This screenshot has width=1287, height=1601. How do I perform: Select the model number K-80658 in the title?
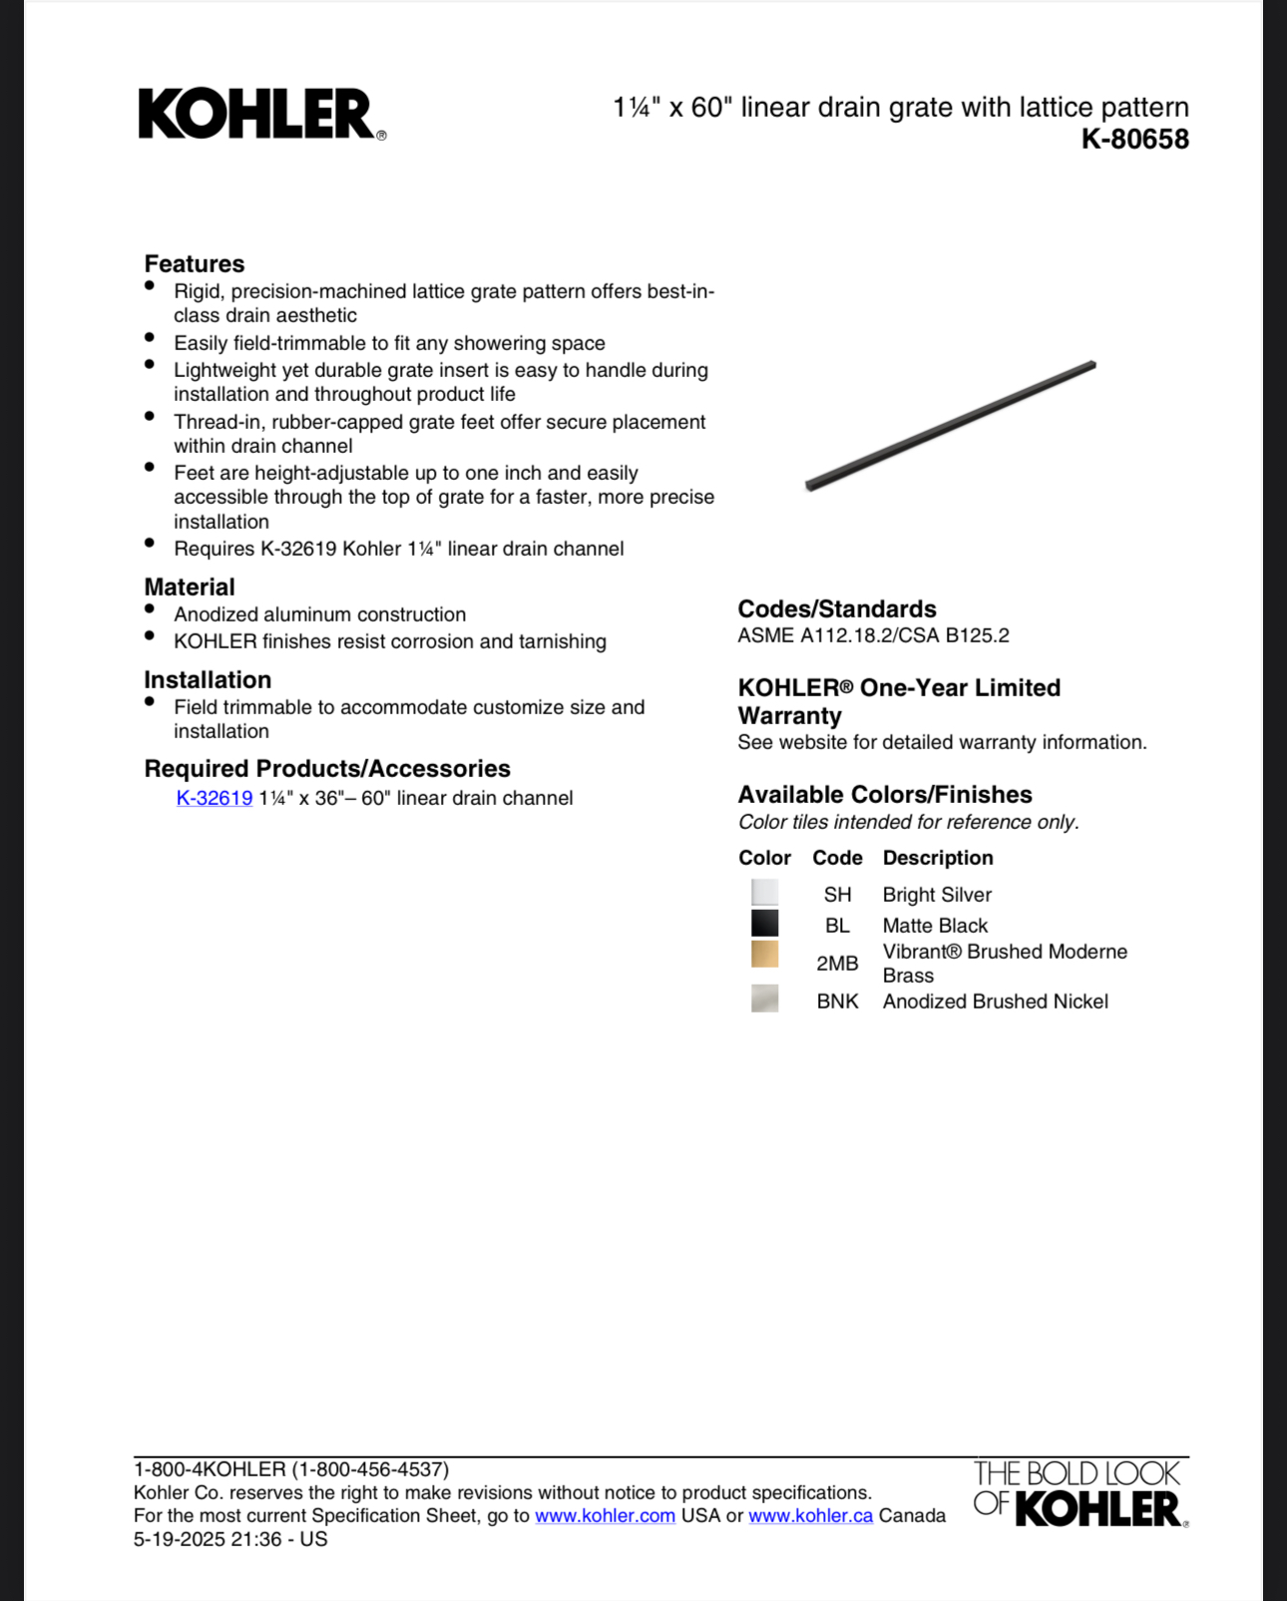click(x=1134, y=139)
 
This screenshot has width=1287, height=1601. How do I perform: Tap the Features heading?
click(x=195, y=263)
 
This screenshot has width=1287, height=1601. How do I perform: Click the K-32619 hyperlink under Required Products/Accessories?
click(x=214, y=798)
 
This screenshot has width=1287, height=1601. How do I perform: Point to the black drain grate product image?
click(x=950, y=426)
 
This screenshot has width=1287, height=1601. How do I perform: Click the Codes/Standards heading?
click(x=836, y=608)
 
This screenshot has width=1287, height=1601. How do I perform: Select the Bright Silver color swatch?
click(x=764, y=893)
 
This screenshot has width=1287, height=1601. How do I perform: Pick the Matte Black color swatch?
click(x=764, y=924)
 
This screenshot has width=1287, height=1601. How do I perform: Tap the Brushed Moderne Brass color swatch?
click(x=764, y=955)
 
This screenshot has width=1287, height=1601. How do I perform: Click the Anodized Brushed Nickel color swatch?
click(x=764, y=999)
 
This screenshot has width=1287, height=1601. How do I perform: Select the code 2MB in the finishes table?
click(x=837, y=964)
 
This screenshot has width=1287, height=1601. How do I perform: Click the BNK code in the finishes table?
click(x=837, y=1001)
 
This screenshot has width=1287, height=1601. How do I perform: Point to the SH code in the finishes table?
click(x=837, y=895)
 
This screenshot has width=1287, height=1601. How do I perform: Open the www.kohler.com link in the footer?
click(x=605, y=1516)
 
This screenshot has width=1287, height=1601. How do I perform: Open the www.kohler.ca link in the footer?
click(x=810, y=1516)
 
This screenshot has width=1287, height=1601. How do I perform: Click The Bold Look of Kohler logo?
click(x=1079, y=1493)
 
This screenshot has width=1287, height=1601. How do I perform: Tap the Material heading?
click(x=190, y=587)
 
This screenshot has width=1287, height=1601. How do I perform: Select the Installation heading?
click(x=208, y=679)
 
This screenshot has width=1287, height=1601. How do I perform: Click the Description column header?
click(x=937, y=858)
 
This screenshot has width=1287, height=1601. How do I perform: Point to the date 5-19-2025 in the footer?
click(x=180, y=1539)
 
